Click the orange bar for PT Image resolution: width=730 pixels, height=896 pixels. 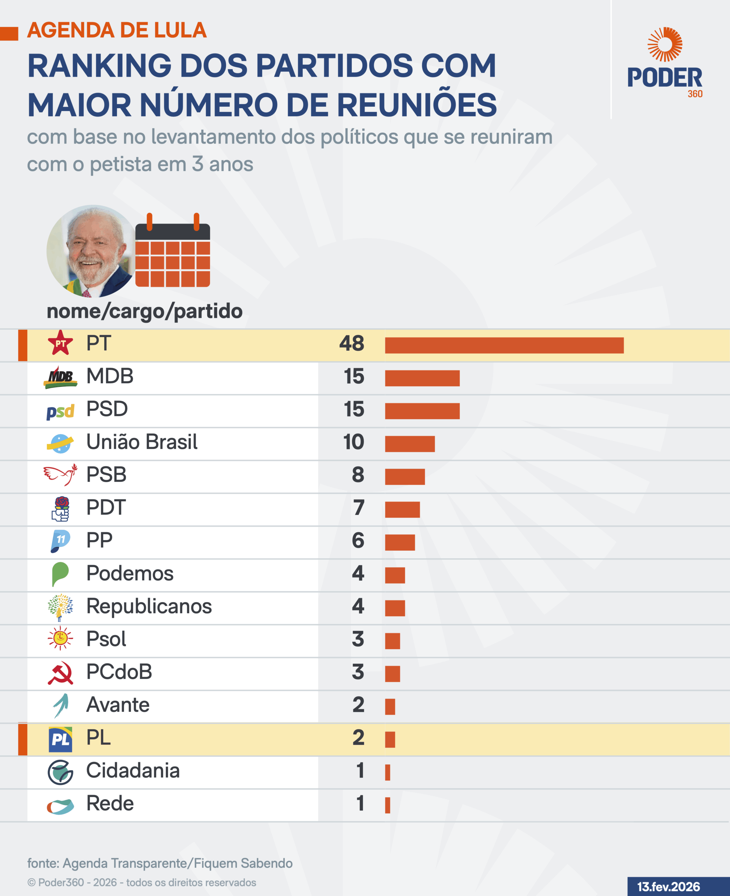tap(504, 345)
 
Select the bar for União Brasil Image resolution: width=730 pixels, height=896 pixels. tap(409, 444)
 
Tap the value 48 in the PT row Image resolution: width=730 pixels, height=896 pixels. tap(352, 343)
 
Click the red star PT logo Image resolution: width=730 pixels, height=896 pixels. tap(60, 343)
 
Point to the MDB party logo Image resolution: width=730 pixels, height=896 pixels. tap(61, 377)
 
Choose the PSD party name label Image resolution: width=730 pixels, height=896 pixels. tap(107, 409)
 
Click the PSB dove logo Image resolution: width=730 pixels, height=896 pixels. tap(61, 475)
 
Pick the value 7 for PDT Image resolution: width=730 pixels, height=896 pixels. tap(358, 507)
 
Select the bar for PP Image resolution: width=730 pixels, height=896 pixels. tap(400, 542)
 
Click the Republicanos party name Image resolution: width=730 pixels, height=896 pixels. tap(149, 606)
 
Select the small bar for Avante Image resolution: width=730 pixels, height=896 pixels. tap(390, 707)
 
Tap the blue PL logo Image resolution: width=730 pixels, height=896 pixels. tap(60, 739)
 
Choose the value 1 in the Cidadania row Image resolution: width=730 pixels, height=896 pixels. tap(360, 770)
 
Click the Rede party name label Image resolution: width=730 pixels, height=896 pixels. tap(110, 804)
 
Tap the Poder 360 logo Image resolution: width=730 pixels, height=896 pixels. tap(665, 63)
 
